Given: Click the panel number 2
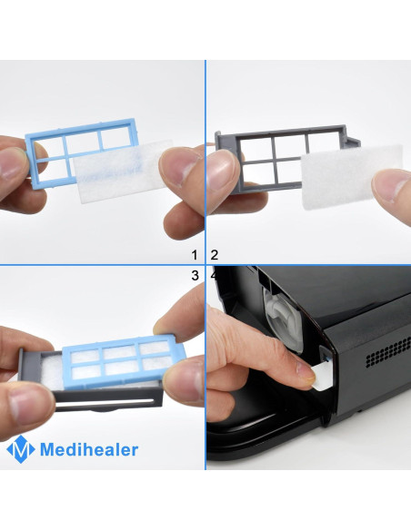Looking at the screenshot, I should tap(215, 255).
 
